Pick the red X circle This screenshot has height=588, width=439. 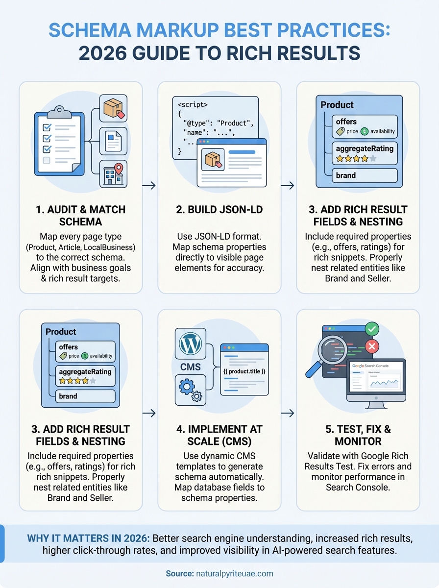(372, 347)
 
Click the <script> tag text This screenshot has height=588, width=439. (192, 105)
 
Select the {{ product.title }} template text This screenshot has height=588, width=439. (244, 371)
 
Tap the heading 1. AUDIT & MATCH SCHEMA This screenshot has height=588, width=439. (81, 216)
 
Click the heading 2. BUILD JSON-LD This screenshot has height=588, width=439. (219, 210)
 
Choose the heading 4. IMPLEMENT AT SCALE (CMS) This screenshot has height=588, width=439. (219, 436)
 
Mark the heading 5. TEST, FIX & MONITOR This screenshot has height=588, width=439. (358, 436)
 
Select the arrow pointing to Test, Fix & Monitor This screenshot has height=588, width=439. (289, 413)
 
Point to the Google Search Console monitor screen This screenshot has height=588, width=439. (377, 380)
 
